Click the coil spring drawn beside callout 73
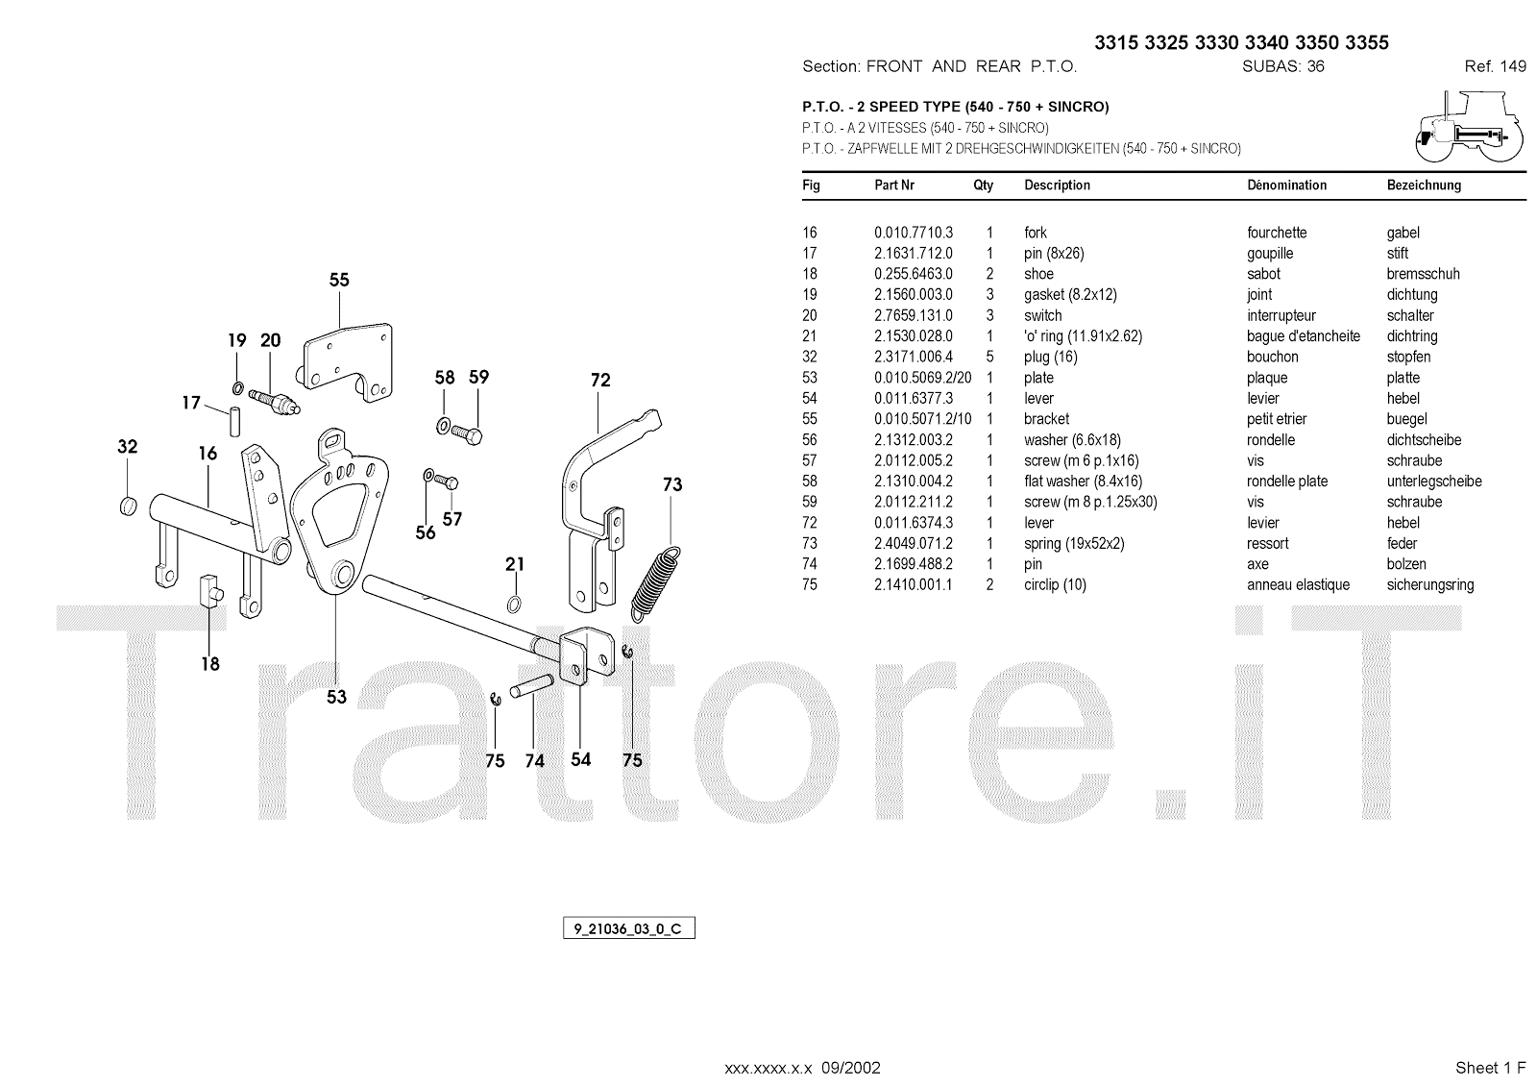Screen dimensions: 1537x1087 (656, 582)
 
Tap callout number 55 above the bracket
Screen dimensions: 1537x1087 (339, 281)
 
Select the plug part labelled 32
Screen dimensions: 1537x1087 (127, 505)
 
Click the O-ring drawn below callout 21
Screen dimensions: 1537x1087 (515, 604)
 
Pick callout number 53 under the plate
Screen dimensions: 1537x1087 (336, 697)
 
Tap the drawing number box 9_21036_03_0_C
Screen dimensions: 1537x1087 (628, 929)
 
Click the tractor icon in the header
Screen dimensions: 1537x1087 (1469, 128)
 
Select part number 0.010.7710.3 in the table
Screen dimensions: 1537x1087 (913, 233)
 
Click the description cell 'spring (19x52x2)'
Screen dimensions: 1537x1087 (1074, 543)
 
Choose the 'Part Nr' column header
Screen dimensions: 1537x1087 (893, 185)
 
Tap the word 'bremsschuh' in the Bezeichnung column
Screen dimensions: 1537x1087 (1423, 274)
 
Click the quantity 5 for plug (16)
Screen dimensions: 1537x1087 (989, 357)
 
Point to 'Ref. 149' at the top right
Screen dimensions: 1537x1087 (1495, 66)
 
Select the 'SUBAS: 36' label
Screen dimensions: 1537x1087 (1282, 66)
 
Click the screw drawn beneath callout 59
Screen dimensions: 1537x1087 (470, 434)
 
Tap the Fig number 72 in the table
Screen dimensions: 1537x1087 (810, 523)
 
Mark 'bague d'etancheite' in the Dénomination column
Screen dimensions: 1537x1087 (1304, 336)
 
